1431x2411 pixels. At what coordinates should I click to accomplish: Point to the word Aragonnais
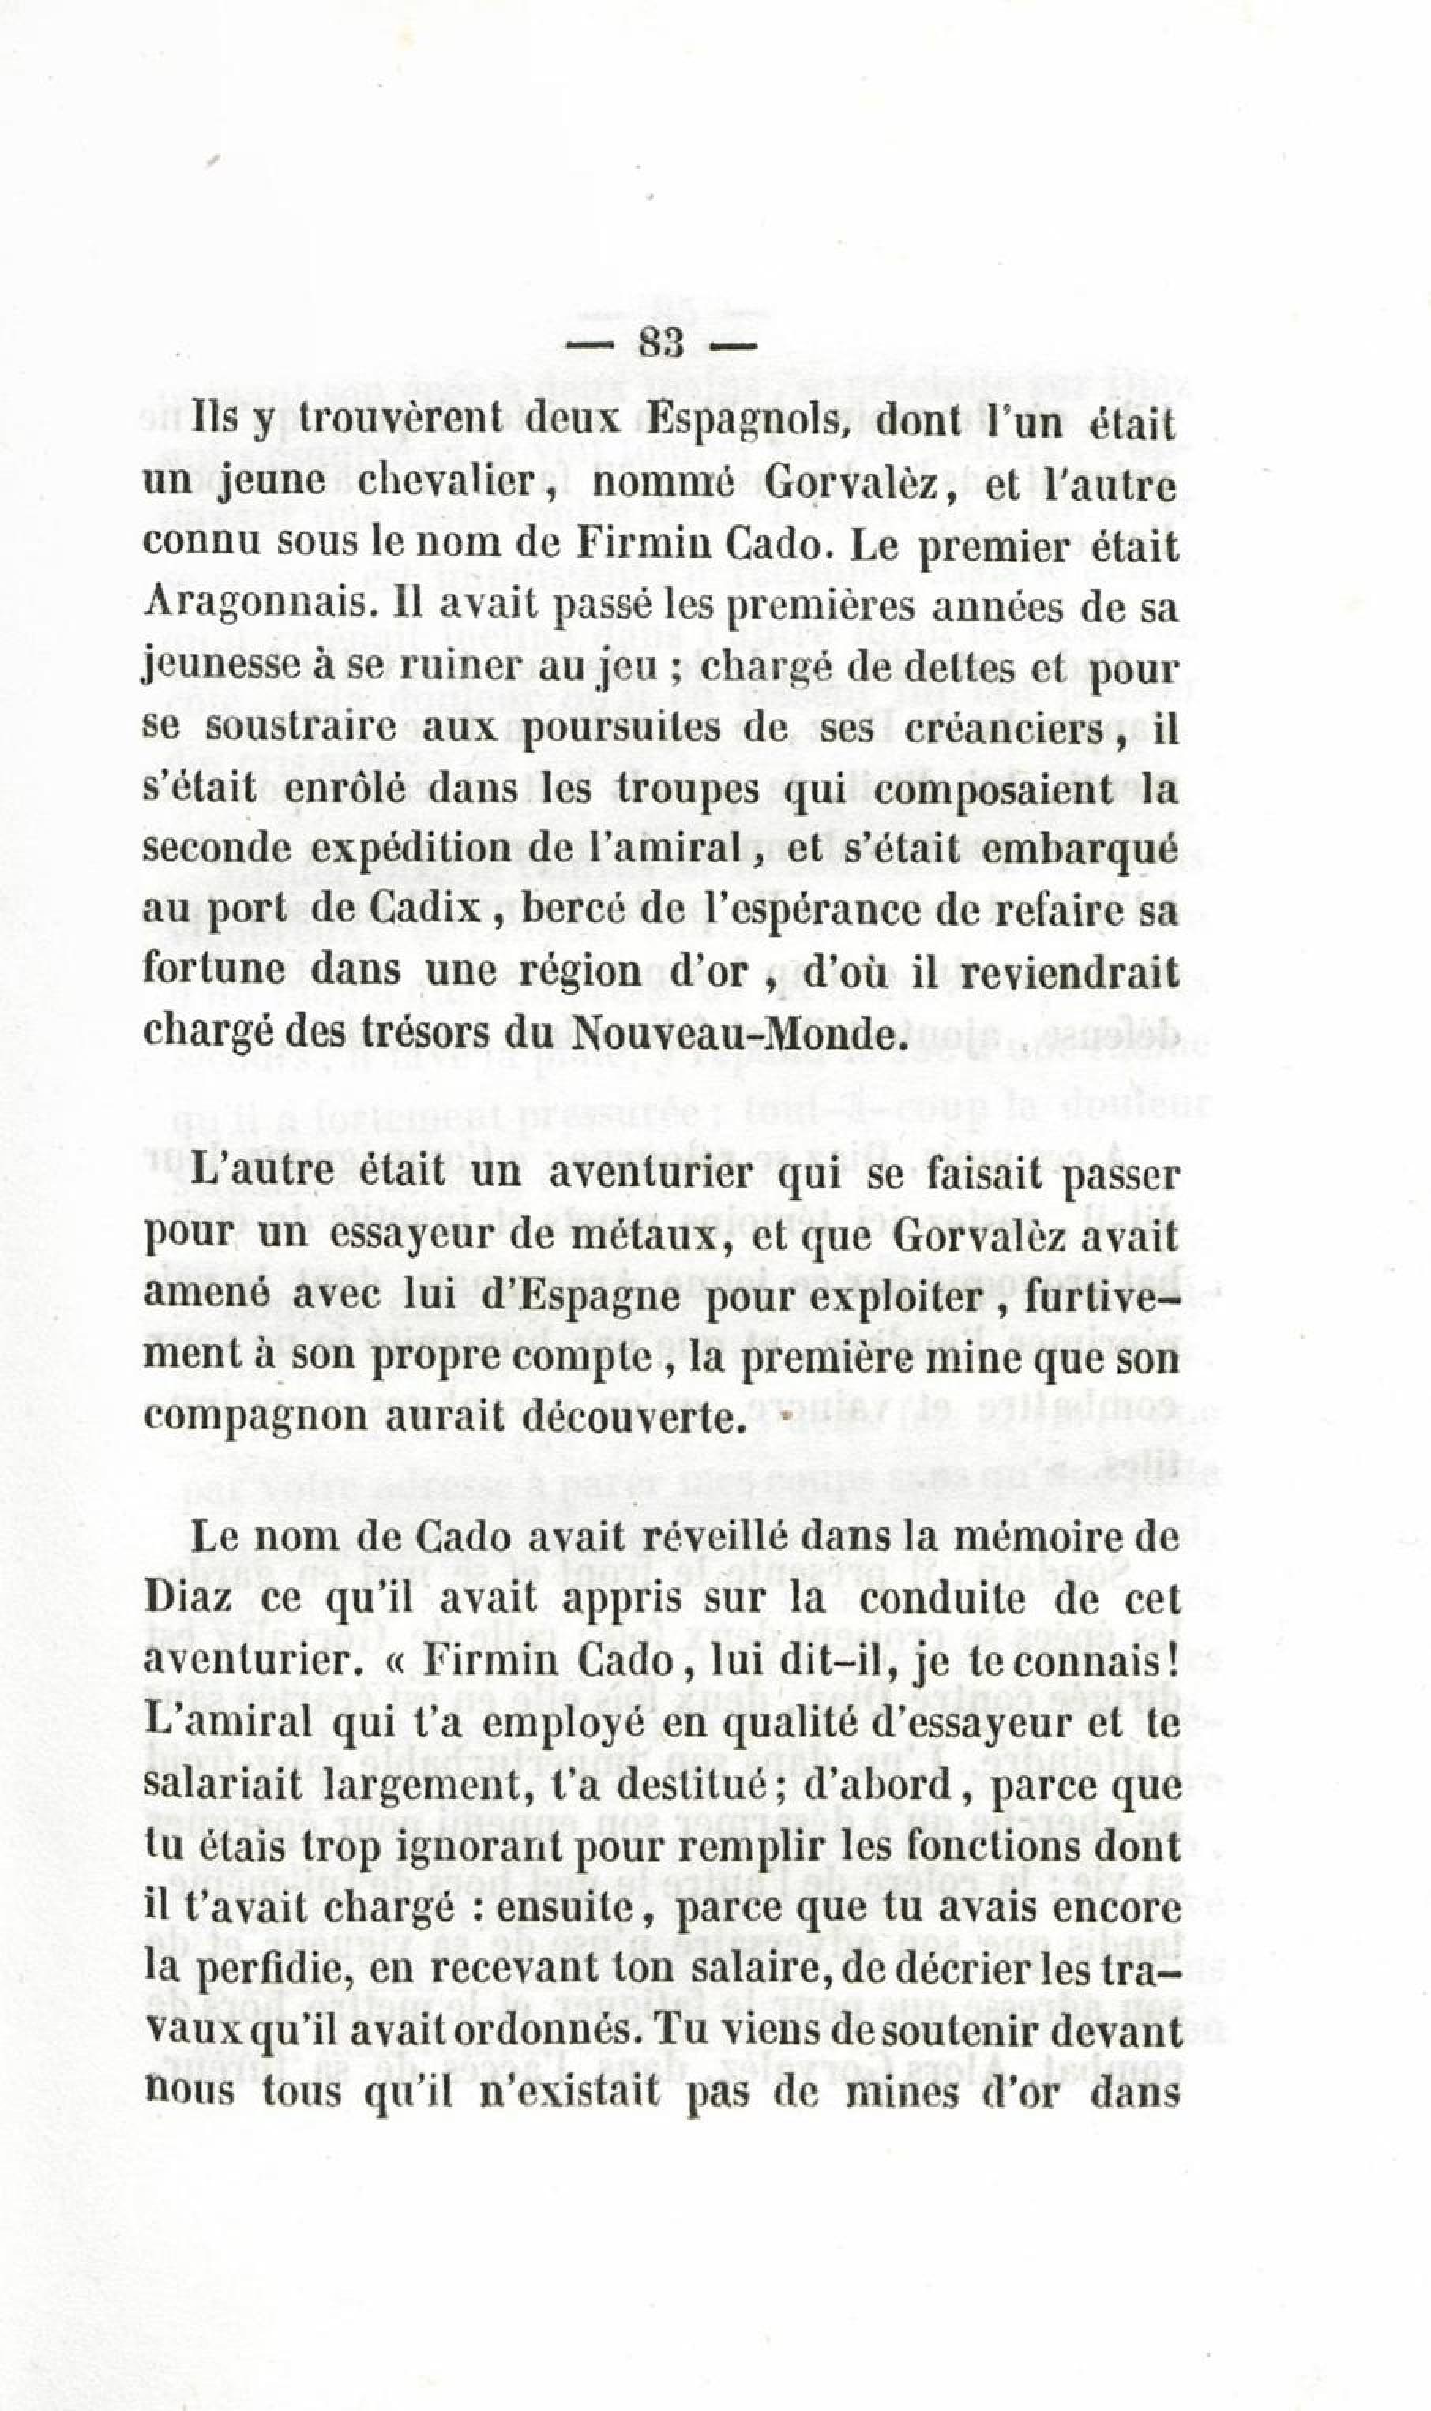pos(256,607)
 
